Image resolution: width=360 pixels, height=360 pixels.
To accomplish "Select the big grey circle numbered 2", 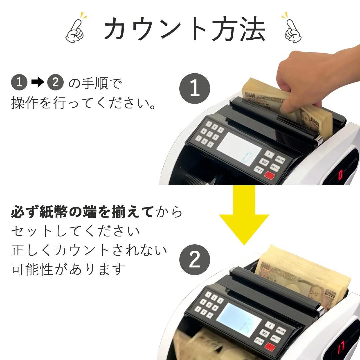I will click(x=195, y=260).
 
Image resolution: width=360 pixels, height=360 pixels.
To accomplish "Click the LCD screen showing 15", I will click(x=239, y=320).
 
